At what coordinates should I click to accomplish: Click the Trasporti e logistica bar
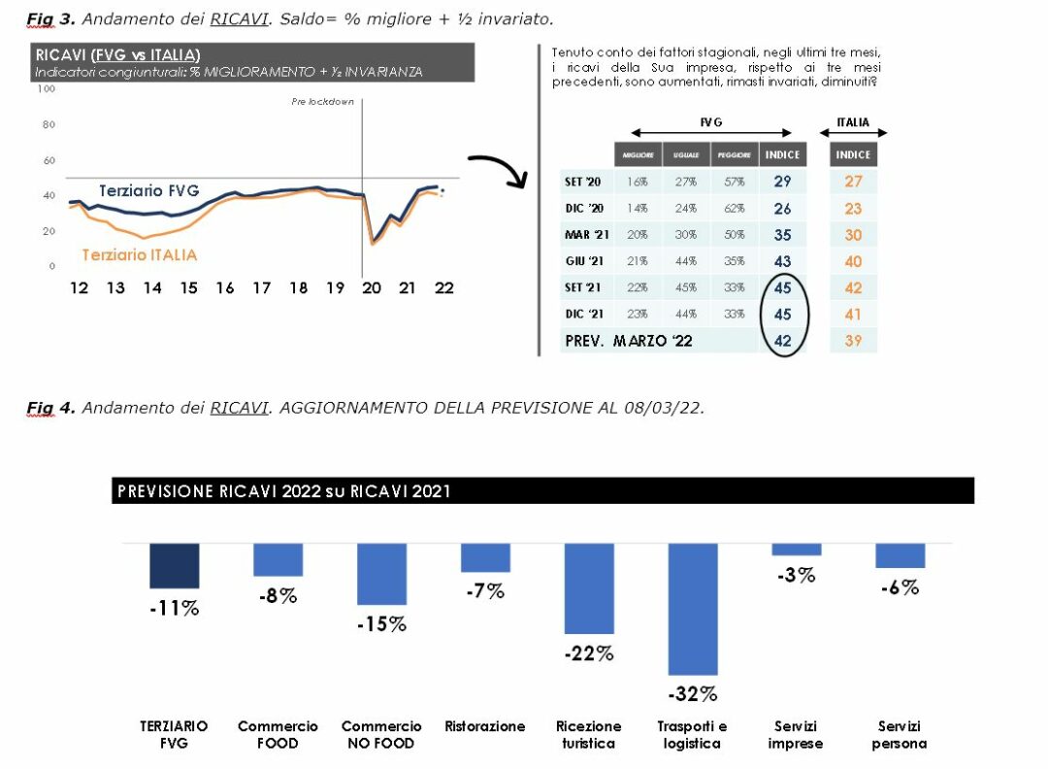tap(692, 609)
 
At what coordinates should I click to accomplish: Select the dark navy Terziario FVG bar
tap(175, 565)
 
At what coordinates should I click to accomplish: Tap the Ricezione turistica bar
tap(589, 588)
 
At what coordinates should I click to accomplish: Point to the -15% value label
tap(381, 624)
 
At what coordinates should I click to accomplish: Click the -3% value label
tap(796, 575)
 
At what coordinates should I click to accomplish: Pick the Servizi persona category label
tap(899, 735)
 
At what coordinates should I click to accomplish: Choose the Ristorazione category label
tap(485, 726)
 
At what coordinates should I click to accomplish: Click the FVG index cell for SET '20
tap(782, 182)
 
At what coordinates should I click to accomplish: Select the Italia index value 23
tap(853, 208)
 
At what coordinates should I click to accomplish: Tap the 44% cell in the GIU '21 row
tap(687, 261)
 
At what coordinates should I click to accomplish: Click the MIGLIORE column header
tap(637, 154)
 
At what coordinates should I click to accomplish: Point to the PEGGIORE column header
tap(734, 154)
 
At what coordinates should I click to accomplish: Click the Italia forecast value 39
tap(853, 341)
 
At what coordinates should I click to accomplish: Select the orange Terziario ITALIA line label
tap(139, 254)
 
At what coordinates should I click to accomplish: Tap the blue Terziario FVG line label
tap(148, 191)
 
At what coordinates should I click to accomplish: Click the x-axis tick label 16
tap(225, 287)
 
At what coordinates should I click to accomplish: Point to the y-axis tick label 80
tap(47, 124)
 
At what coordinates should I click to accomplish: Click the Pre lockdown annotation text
tap(322, 102)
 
